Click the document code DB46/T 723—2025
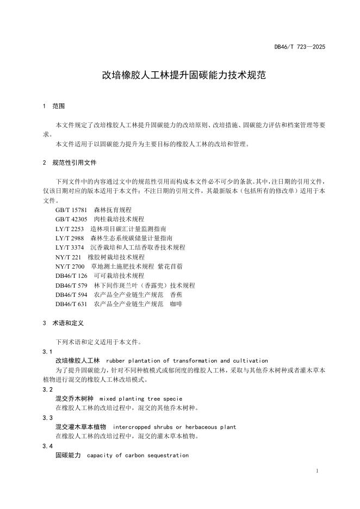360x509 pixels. point(299,47)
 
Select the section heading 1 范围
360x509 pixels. point(53,105)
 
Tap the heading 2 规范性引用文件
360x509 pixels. point(69,163)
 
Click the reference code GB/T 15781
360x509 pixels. point(71,210)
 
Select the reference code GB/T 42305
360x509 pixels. point(71,219)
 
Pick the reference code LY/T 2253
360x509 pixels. point(70,229)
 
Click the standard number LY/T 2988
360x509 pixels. point(70,238)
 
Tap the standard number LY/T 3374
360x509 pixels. point(70,247)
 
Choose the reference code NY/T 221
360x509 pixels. point(68,257)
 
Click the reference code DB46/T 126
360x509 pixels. point(71,276)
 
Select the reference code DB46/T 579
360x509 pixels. point(71,285)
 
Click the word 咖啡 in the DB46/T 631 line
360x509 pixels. point(176,304)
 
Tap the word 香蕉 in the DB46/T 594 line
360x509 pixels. point(176,295)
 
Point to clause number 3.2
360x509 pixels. point(47,389)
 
